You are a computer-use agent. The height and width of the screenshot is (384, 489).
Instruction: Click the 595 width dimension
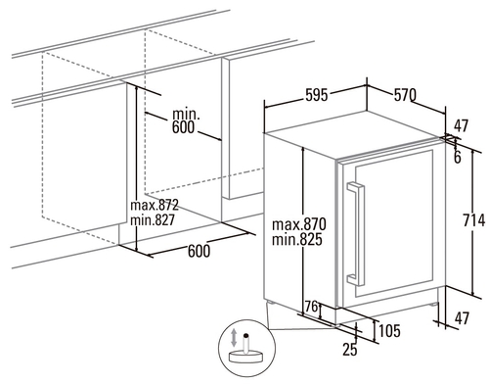click(316, 95)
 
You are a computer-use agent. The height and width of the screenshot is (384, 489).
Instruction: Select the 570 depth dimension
click(405, 95)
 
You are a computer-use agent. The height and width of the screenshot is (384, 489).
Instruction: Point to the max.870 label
click(298, 224)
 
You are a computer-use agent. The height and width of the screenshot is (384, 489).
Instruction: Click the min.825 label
click(297, 239)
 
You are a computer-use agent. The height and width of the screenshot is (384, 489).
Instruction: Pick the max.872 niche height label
click(155, 205)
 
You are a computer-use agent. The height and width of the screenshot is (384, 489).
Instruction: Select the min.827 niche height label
click(153, 219)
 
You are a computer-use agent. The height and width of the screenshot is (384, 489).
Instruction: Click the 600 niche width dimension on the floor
click(199, 251)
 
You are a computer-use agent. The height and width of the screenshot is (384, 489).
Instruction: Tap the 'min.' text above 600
click(186, 115)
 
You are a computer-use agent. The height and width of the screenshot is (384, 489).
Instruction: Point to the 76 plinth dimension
click(311, 307)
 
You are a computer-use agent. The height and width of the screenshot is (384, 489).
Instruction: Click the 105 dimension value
click(389, 331)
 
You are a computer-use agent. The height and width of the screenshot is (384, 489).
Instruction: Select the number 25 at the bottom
click(350, 350)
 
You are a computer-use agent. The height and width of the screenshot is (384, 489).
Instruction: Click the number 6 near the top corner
click(458, 158)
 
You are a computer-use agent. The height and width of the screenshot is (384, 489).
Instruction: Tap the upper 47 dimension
click(461, 125)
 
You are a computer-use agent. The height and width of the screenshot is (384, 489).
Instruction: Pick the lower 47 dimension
click(461, 318)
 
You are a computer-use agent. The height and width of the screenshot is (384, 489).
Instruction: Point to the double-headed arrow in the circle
click(234, 338)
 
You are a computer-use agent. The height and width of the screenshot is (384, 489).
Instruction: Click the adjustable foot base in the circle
click(245, 357)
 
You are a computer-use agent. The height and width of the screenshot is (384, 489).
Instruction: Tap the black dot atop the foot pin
click(246, 335)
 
